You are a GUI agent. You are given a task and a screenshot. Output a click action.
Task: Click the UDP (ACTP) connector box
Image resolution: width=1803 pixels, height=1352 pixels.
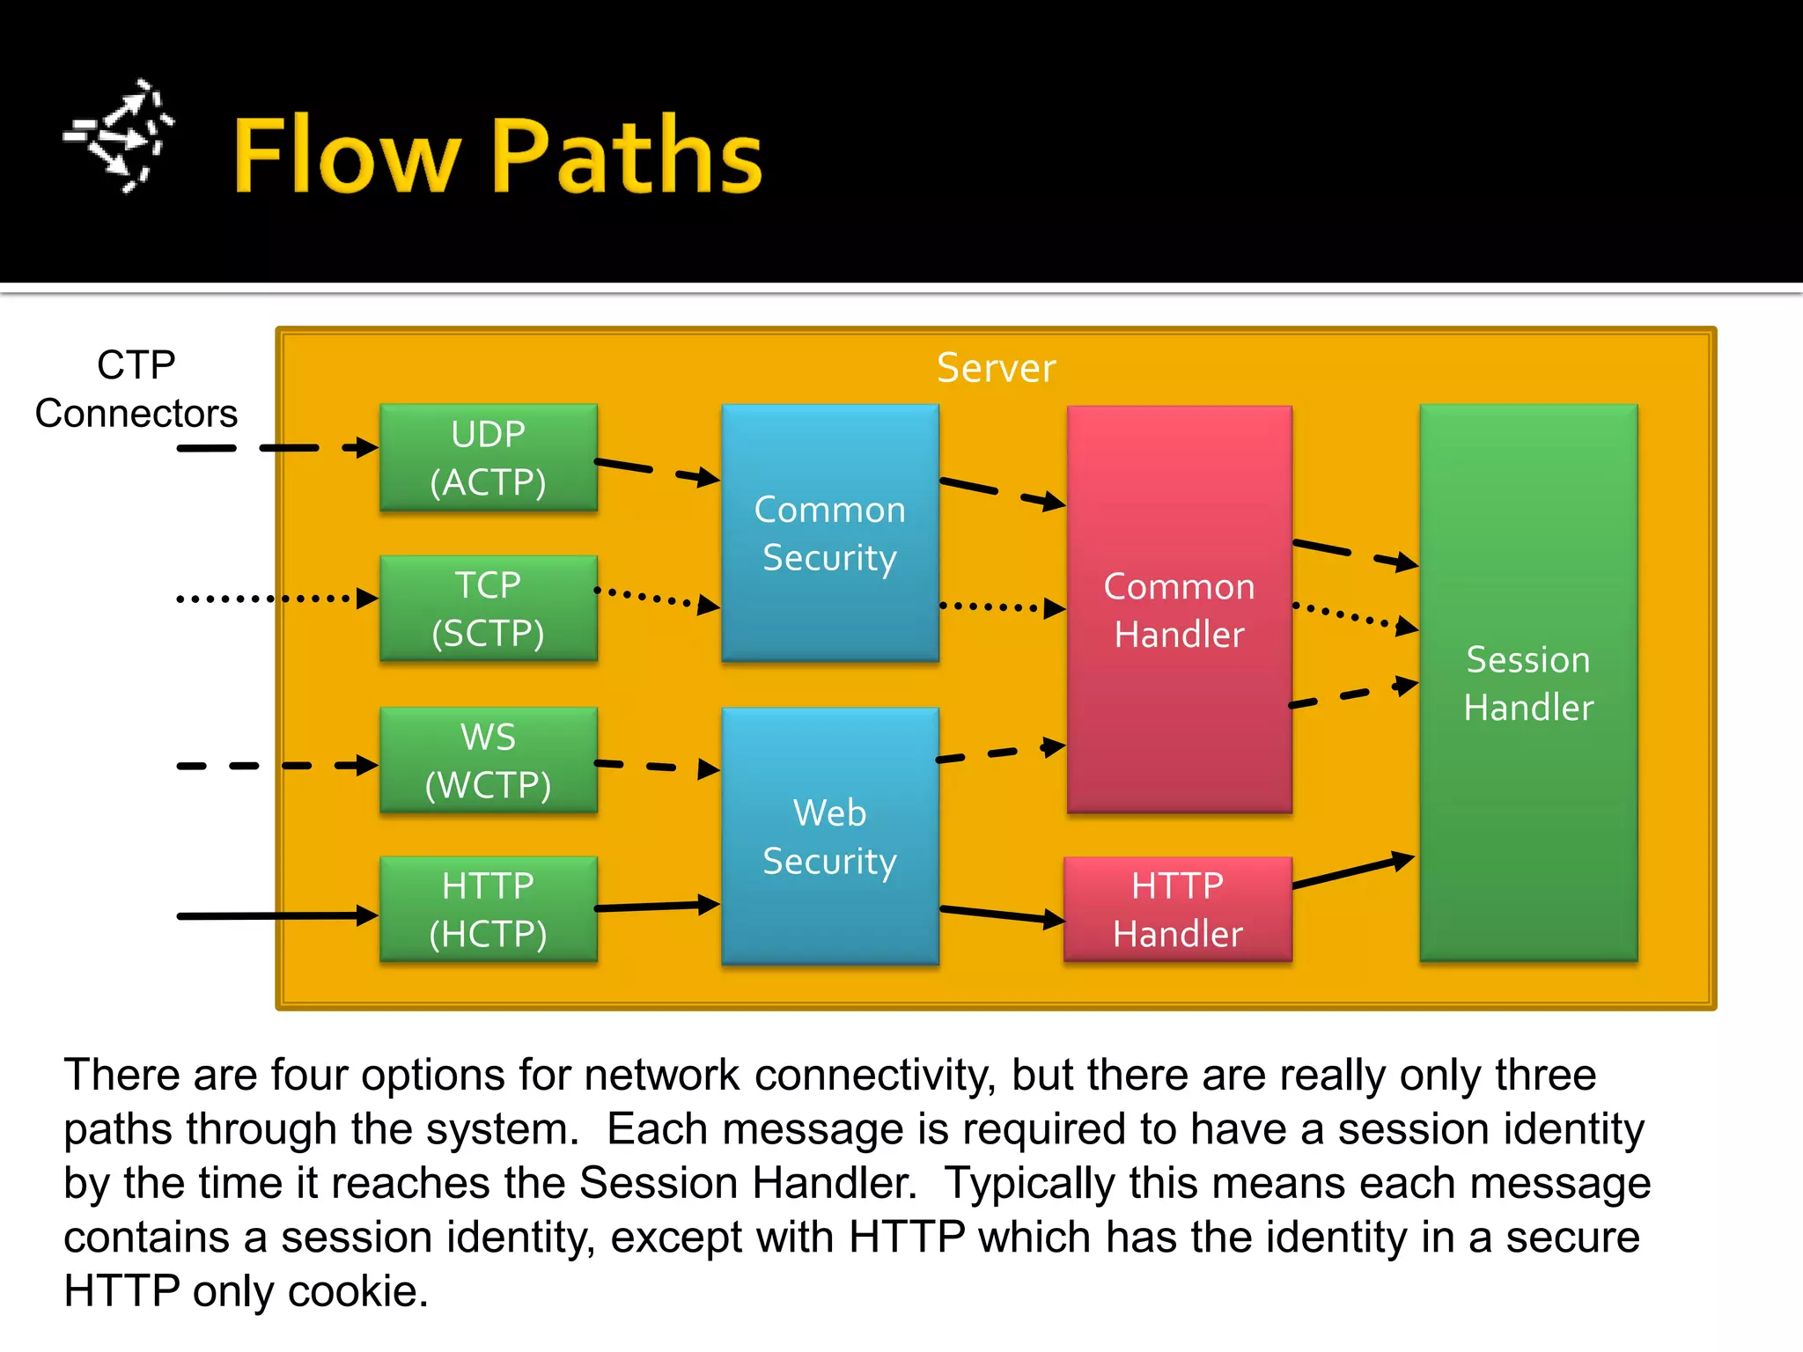tap(489, 458)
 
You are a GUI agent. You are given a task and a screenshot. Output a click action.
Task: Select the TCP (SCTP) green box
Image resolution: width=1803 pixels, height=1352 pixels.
tap(489, 608)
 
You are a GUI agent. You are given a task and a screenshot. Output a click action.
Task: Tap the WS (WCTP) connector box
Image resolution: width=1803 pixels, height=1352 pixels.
tap(489, 760)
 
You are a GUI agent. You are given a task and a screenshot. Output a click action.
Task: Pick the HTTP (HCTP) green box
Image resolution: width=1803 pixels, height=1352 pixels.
tap(489, 909)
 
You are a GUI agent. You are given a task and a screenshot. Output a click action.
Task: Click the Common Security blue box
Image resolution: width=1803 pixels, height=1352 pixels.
tap(829, 533)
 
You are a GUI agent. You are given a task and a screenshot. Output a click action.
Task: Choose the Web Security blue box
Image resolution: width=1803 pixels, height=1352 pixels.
tap(829, 836)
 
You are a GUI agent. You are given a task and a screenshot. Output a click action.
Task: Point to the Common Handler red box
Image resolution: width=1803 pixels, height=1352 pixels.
tap(1179, 609)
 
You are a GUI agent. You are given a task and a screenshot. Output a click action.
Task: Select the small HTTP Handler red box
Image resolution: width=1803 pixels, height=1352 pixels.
tap(1177, 909)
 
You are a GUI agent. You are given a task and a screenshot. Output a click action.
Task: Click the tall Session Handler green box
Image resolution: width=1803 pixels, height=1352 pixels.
tap(1528, 683)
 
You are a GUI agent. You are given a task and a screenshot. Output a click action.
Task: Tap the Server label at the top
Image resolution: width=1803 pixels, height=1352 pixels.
tap(996, 368)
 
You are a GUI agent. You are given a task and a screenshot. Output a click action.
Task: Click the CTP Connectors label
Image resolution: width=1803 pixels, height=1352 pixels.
tap(136, 389)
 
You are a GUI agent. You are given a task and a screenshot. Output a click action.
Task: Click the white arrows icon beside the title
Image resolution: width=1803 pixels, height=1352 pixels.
tap(119, 136)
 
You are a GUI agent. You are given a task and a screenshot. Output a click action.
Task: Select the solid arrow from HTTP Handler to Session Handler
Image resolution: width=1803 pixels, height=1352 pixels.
tap(1354, 871)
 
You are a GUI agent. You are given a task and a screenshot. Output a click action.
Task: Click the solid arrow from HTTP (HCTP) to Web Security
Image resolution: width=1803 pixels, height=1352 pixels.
tap(656, 906)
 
